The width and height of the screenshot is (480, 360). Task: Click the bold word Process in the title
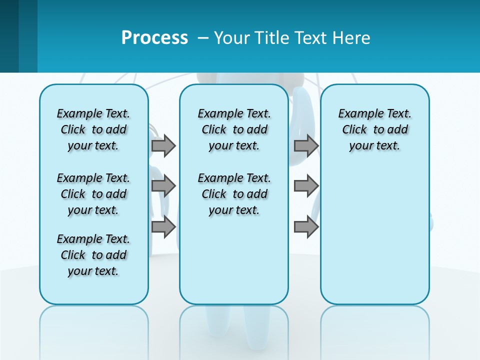pos(154,37)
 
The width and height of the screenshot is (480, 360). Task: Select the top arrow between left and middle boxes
pos(163,145)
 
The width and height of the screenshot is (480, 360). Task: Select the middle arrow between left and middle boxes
pos(163,186)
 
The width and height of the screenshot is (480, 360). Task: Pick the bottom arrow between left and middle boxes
pos(163,227)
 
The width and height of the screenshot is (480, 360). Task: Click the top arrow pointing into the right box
pos(306,145)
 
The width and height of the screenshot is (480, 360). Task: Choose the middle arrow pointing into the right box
pos(306,186)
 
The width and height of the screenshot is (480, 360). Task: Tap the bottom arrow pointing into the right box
pos(306,227)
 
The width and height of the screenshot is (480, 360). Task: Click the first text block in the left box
pos(93,129)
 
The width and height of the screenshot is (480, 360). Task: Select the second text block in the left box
pos(93,194)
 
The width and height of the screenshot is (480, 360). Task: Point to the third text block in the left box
pos(93,255)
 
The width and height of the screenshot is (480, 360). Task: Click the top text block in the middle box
pos(234,129)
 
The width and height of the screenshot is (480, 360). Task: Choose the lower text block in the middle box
pos(234,194)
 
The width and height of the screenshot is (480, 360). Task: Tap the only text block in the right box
pos(374,129)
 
